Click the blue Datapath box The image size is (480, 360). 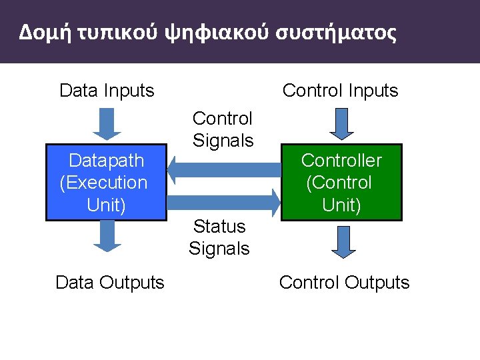(105, 182)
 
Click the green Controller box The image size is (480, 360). (341, 182)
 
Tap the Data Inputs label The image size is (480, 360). (107, 91)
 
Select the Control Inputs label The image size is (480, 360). (340, 91)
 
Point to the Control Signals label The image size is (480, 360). (223, 129)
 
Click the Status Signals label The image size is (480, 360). (219, 238)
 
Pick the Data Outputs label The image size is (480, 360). (109, 283)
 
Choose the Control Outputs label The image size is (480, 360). (344, 283)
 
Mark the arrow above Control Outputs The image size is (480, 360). (341, 241)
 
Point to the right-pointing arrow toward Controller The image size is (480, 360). (223, 199)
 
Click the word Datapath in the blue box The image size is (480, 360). (106, 161)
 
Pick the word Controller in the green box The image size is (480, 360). (341, 161)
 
